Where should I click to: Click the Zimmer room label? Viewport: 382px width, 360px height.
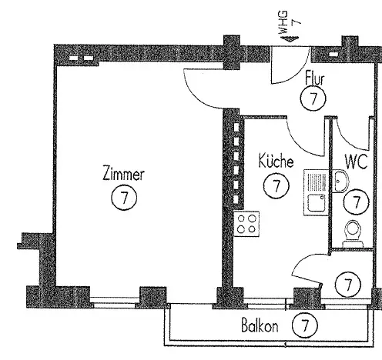click(x=123, y=174)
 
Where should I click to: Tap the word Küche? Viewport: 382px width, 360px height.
click(x=276, y=161)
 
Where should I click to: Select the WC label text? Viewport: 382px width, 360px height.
click(x=357, y=162)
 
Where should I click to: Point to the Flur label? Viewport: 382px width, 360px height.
click(x=315, y=78)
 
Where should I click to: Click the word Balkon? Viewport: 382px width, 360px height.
click(x=260, y=326)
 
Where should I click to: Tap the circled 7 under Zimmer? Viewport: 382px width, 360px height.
click(x=124, y=198)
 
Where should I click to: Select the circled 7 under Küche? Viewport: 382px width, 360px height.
click(x=276, y=185)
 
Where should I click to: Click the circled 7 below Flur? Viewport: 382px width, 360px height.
click(x=313, y=98)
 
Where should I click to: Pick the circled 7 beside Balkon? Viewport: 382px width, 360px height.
click(x=305, y=325)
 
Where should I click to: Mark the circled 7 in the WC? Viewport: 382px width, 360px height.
click(x=357, y=202)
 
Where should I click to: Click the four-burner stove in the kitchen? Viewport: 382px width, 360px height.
click(x=246, y=224)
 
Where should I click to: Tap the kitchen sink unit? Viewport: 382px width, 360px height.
click(x=316, y=192)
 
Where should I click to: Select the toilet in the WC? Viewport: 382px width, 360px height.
click(x=353, y=234)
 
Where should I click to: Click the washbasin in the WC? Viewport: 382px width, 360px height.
click(x=341, y=181)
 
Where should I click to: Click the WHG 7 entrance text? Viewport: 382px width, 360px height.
click(x=290, y=22)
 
